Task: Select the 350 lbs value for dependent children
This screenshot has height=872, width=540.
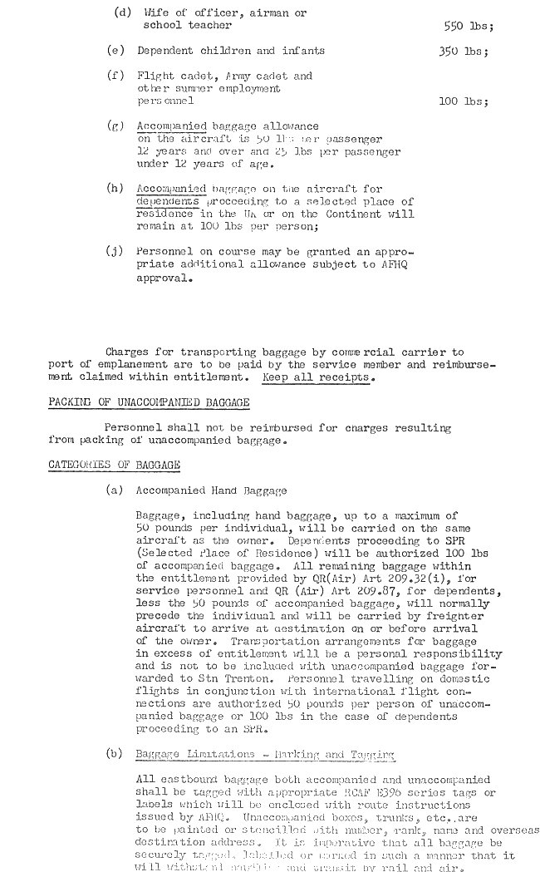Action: click(x=463, y=51)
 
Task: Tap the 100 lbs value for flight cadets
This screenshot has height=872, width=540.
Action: click(x=463, y=101)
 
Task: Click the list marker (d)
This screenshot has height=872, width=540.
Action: click(x=120, y=13)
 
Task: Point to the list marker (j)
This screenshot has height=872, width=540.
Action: click(x=115, y=251)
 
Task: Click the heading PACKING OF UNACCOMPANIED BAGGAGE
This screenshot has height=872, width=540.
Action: click(x=149, y=402)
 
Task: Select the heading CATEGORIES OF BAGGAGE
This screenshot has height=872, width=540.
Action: click(x=114, y=465)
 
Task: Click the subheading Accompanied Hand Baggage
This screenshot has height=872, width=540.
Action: click(x=211, y=490)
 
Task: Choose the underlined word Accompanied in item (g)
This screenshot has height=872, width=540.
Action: click(x=171, y=126)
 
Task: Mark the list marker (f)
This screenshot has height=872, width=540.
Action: click(x=115, y=76)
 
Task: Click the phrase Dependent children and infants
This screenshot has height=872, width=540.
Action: click(x=231, y=51)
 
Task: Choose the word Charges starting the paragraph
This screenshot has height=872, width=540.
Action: click(x=129, y=352)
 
